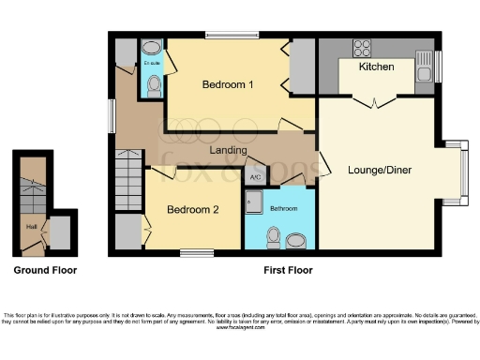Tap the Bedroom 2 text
tap(193, 209)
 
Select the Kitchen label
tap(376, 67)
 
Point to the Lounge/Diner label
tap(380, 170)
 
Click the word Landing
tap(228, 150)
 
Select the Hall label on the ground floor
tap(31, 226)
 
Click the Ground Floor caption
tap(45, 270)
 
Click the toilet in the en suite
tap(153, 86)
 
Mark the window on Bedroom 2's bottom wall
tap(196, 250)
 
